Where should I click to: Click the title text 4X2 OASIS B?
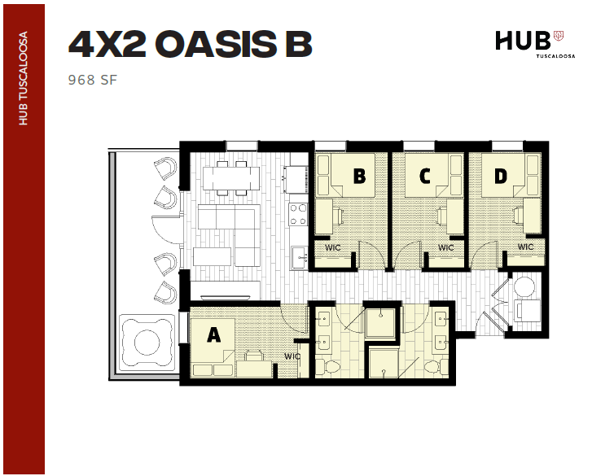point(190,46)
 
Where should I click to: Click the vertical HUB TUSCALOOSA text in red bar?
point(24,78)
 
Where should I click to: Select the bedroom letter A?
point(213,334)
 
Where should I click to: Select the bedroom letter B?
point(359,175)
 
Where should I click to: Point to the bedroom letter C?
point(425,175)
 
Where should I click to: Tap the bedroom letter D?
point(500,175)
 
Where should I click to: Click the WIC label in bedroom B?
point(332,247)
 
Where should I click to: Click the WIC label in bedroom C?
point(445,247)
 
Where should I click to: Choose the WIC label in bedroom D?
point(525,247)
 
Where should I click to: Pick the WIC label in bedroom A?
point(292,356)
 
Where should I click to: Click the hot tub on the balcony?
point(147,340)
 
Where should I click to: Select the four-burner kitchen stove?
point(298,214)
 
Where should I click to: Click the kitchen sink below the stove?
point(299,260)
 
